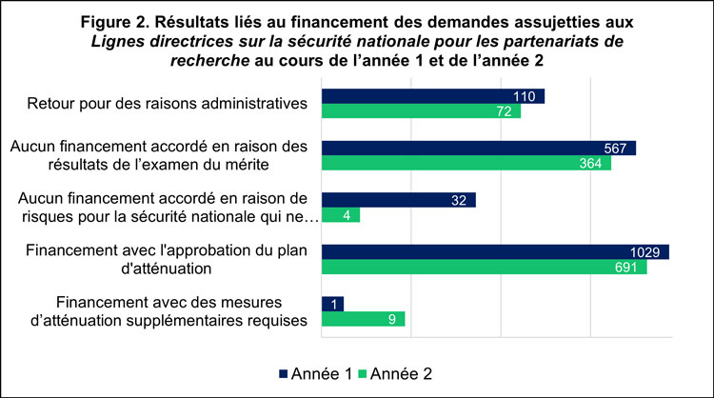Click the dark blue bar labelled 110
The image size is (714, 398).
[433, 96]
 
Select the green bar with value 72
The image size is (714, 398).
[422, 111]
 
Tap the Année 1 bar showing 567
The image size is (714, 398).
[479, 148]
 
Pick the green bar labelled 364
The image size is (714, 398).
[466, 163]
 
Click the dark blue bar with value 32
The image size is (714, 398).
[399, 200]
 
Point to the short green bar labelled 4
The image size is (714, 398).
[341, 215]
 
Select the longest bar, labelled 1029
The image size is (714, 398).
[495, 251]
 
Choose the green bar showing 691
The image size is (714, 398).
[485, 267]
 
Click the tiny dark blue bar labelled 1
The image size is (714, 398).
[333, 304]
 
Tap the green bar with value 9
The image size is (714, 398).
[364, 319]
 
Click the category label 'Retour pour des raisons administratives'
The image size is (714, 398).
[167, 104]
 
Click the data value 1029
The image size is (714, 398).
[651, 251]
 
